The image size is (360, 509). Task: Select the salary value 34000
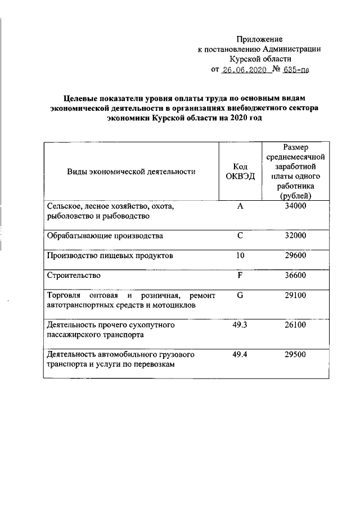tap(295, 206)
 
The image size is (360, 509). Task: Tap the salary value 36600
tap(295, 276)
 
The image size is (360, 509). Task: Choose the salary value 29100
tap(295, 295)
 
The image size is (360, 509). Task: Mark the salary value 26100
tap(295, 325)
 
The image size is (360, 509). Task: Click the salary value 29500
tap(295, 355)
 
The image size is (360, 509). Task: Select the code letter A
tap(240, 206)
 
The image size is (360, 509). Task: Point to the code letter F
tap(240, 276)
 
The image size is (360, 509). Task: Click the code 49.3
tap(240, 325)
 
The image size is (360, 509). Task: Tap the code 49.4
tap(240, 355)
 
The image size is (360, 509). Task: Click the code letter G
tap(240, 295)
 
